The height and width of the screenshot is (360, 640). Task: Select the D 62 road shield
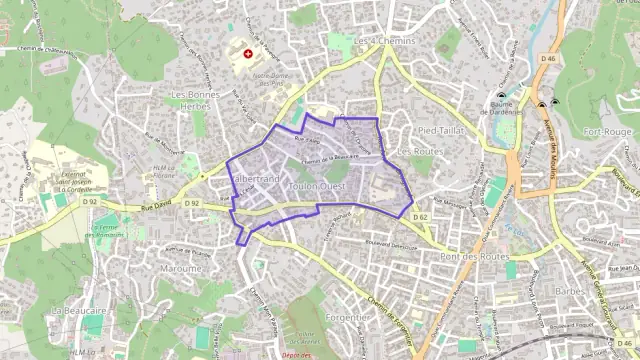tap(420, 217)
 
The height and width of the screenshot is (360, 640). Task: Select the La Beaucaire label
tap(72, 311)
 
